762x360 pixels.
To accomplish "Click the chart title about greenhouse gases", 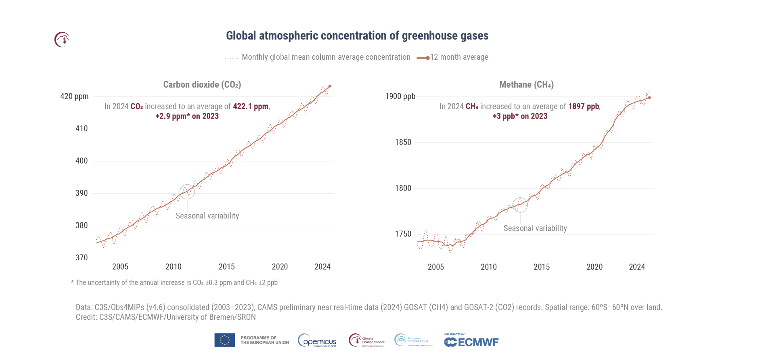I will click(x=357, y=36).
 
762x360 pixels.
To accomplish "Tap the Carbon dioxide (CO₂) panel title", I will click(x=202, y=85).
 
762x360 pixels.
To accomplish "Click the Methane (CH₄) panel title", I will click(x=526, y=85).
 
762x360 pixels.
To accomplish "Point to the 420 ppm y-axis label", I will click(x=74, y=96).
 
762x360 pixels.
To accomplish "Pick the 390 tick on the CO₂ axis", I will click(x=82, y=193).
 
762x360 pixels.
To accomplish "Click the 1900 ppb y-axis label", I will click(x=400, y=96).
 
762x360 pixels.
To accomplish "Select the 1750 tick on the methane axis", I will click(x=403, y=234).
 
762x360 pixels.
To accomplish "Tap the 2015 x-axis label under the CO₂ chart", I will click(x=226, y=267).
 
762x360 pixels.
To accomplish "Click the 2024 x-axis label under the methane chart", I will click(x=636, y=267).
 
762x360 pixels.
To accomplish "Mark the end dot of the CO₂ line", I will click(x=330, y=86).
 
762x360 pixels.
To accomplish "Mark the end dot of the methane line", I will click(x=649, y=98).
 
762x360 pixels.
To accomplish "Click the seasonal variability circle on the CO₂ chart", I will click(x=187, y=192).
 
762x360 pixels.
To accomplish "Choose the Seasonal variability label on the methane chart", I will click(x=535, y=228).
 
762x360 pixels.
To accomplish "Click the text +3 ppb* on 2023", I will click(x=520, y=116).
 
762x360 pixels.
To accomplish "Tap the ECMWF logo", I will click(x=471, y=342).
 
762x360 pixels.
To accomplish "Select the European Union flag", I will click(x=224, y=340).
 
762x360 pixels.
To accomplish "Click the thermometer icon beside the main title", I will click(x=62, y=40).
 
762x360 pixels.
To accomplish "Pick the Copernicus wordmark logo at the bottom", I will click(x=317, y=341).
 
